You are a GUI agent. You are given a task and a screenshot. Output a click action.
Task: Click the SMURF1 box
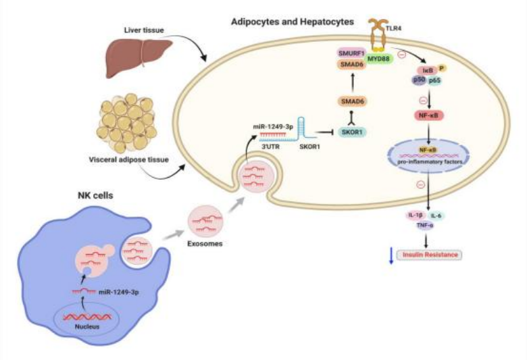352,52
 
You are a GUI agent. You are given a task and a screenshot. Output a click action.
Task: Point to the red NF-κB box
428,115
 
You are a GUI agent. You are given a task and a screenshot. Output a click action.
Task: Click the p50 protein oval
418,80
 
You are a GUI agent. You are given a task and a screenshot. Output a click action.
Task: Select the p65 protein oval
434,80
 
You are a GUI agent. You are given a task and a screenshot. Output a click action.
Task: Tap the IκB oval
428,69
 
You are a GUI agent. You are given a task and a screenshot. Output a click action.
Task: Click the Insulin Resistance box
430,254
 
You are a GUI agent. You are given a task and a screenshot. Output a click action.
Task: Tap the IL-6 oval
436,216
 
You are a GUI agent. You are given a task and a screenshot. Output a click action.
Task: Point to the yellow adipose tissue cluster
126,122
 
